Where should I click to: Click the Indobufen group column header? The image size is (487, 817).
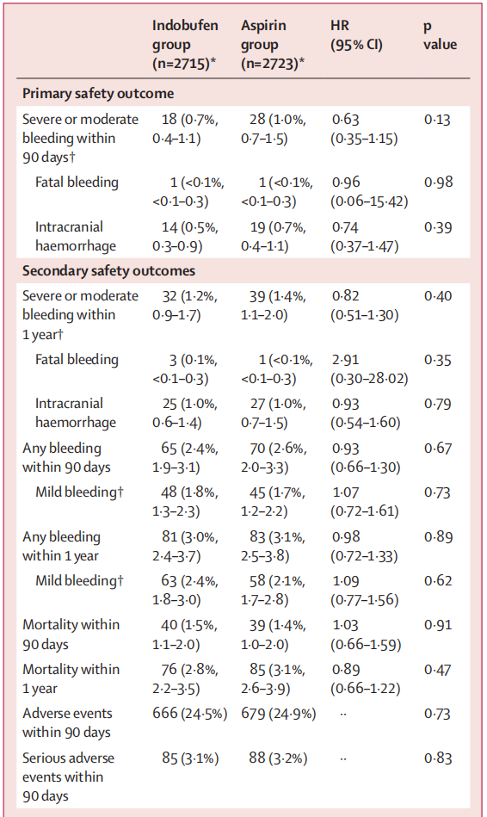(x=185, y=45)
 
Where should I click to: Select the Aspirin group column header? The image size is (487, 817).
(x=273, y=45)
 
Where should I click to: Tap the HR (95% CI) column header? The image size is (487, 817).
(x=356, y=35)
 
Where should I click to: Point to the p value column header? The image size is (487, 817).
(x=441, y=35)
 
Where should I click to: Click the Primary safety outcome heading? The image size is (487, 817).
(x=98, y=93)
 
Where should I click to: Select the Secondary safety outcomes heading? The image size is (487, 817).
(x=109, y=270)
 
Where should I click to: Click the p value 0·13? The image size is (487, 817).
(x=437, y=120)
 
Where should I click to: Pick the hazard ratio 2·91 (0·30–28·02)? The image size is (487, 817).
(x=369, y=369)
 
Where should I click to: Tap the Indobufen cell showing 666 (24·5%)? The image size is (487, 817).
(x=189, y=714)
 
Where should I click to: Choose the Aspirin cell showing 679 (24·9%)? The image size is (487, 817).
(x=278, y=714)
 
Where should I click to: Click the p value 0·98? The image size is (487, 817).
(x=438, y=182)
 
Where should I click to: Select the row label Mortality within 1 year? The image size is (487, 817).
(x=71, y=678)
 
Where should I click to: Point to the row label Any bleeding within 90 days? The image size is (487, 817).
(x=66, y=457)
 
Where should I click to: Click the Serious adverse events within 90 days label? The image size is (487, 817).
(x=68, y=777)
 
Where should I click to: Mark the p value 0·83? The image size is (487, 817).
(x=438, y=758)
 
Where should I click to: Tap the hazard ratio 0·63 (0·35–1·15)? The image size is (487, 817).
(x=364, y=128)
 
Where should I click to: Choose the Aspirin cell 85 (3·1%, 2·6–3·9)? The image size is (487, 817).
(x=274, y=678)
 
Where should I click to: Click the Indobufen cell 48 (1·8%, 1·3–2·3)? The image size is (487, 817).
(x=185, y=501)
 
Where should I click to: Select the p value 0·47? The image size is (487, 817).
(x=437, y=670)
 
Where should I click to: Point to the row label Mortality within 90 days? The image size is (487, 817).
(x=71, y=634)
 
